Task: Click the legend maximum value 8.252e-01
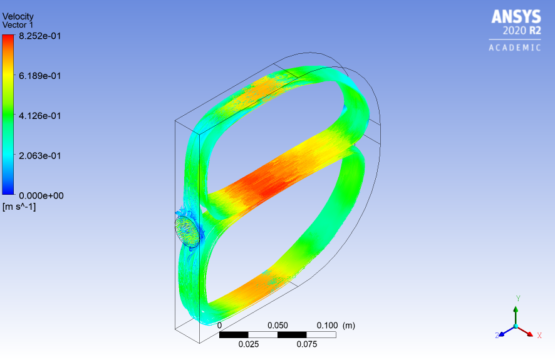click(x=39, y=36)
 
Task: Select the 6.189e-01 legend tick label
click(x=39, y=76)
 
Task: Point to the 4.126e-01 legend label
click(x=39, y=116)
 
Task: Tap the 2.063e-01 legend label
click(x=39, y=155)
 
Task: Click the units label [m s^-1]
click(x=19, y=206)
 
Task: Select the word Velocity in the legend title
click(x=18, y=16)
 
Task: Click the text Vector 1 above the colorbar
click(x=18, y=24)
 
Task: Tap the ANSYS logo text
click(x=515, y=16)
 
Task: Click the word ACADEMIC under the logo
click(x=514, y=48)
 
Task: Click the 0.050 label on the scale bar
click(x=277, y=326)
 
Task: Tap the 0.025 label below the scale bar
click(x=248, y=344)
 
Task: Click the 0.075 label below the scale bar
click(x=307, y=344)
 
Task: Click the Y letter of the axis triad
click(x=518, y=299)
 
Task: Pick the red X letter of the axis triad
click(x=539, y=336)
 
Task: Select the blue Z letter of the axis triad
click(x=497, y=336)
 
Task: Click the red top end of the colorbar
click(x=8, y=39)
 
